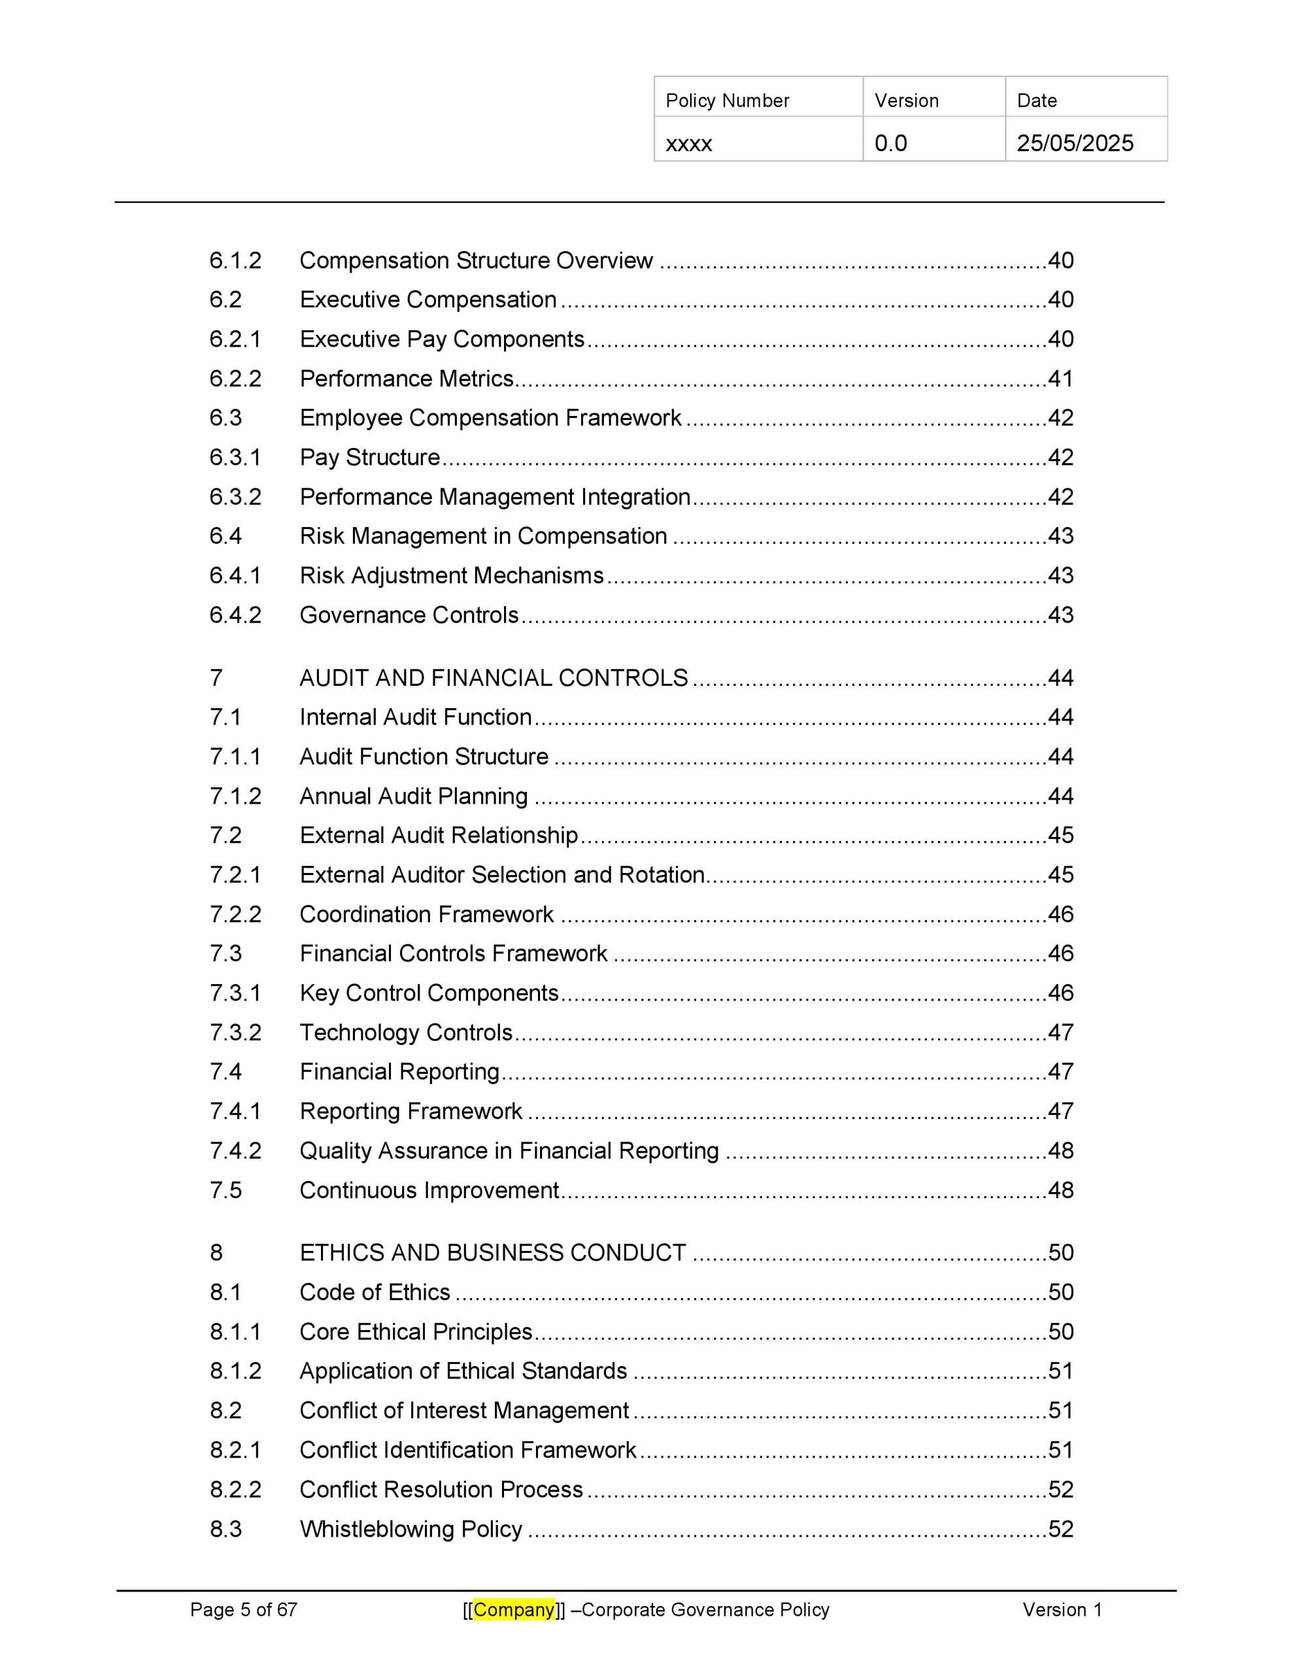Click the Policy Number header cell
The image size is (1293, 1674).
click(x=727, y=101)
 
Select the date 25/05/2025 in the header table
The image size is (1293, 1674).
click(x=1075, y=143)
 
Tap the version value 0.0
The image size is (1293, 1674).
click(x=890, y=143)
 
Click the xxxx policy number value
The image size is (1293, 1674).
click(x=688, y=144)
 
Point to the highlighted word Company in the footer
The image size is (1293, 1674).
click(x=514, y=1609)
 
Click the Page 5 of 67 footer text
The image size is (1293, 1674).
click(x=243, y=1609)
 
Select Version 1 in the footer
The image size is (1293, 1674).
click(x=1062, y=1609)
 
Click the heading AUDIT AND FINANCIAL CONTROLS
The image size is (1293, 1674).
click(x=494, y=677)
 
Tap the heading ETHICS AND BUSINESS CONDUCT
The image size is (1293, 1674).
click(x=492, y=1252)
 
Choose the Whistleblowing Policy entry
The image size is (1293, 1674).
click(x=411, y=1528)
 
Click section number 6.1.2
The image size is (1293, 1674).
click(x=235, y=261)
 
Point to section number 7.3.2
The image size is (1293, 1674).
click(x=235, y=1033)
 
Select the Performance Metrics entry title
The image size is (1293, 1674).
click(x=406, y=379)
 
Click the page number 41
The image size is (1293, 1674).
click(x=1061, y=379)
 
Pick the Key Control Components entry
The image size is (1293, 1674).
click(x=428, y=993)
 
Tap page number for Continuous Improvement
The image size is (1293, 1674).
click(x=1061, y=1189)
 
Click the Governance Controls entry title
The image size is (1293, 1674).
click(x=409, y=615)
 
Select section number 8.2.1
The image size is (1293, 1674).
click(x=235, y=1450)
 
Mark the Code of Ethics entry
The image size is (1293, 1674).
click(x=375, y=1291)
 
